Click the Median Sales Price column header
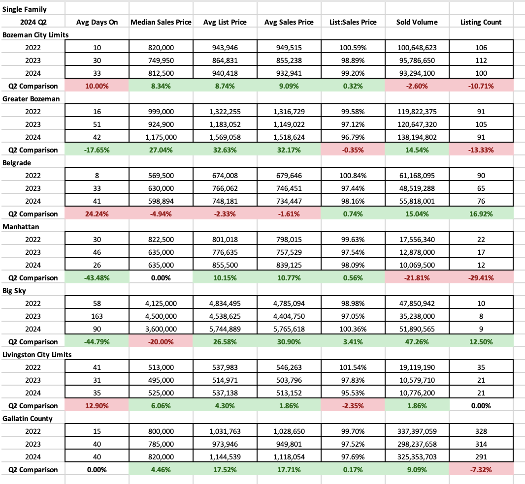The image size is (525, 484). tap(161, 22)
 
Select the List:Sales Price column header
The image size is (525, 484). tap(353, 22)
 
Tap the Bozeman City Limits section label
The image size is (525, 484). tap(35, 35)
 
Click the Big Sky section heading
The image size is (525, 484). tap(16, 291)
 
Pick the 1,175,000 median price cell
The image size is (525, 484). tap(161, 137)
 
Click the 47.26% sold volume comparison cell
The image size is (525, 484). tap(417, 342)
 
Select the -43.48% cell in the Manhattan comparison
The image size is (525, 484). tap(97, 278)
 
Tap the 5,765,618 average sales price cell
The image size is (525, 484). tap(289, 329)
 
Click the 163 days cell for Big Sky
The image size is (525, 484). tap(97, 316)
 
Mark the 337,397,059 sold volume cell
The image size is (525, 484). tap(417, 431)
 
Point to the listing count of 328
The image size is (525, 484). tap(481, 431)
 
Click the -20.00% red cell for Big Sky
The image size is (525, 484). tap(161, 342)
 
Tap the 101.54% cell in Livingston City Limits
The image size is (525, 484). tap(353, 367)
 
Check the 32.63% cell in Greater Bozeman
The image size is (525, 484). tap(225, 150)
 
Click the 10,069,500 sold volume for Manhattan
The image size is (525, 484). tap(417, 265)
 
